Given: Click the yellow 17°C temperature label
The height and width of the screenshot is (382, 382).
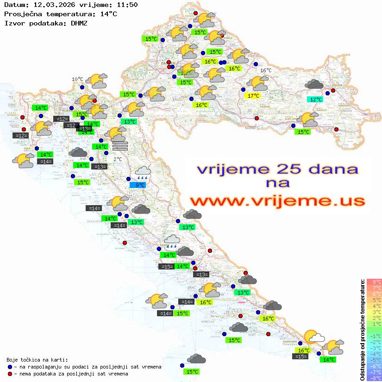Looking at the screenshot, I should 253,96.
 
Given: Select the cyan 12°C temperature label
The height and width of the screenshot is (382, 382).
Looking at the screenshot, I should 316,99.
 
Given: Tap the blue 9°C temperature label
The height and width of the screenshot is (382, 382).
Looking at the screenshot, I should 140,185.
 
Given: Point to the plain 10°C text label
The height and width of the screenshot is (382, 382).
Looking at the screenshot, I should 77,79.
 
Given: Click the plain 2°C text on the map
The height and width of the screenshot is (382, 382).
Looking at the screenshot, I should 118,159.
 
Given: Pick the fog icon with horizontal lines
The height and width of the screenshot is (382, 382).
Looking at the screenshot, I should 119,146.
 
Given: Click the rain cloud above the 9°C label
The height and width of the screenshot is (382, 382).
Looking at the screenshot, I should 143,173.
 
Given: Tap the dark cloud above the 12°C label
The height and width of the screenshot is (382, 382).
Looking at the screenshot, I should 314,84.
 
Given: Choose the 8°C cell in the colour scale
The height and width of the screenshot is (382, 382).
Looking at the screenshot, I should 374,282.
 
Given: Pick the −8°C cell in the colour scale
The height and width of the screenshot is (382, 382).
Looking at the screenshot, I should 374,378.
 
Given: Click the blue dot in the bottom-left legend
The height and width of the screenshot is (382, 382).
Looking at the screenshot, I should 9,367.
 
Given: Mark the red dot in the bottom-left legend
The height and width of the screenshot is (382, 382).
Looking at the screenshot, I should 9,374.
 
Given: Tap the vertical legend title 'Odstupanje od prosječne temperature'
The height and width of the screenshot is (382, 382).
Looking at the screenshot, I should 362,330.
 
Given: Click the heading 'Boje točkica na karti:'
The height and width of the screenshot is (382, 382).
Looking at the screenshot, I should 37,360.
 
